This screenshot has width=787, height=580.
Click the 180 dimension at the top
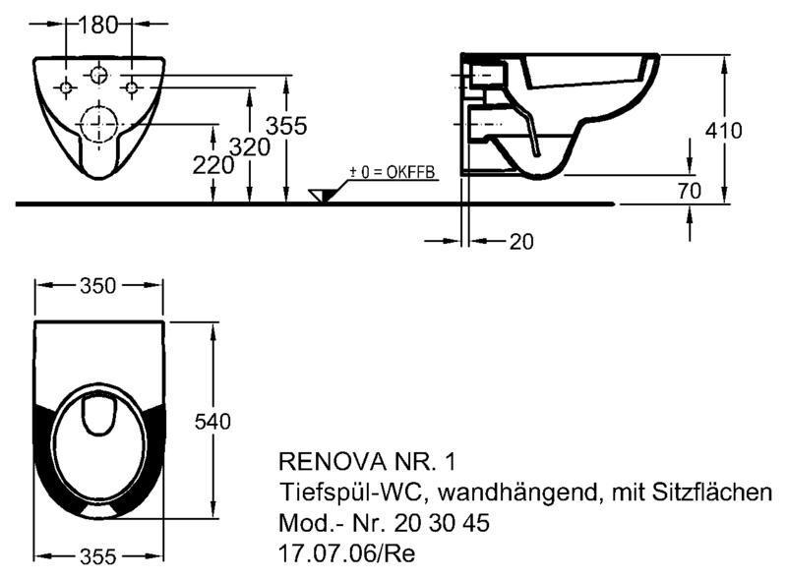click(x=97, y=25)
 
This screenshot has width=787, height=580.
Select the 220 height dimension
click(x=213, y=165)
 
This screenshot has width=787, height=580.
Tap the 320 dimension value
click(x=250, y=147)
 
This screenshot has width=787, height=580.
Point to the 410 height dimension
click(x=723, y=131)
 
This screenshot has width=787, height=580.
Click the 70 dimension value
click(x=690, y=191)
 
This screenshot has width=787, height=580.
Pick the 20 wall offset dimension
click(x=521, y=242)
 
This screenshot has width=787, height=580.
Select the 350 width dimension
click(x=97, y=286)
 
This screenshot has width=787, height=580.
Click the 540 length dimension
click(x=212, y=422)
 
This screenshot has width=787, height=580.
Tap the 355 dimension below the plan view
click(x=97, y=556)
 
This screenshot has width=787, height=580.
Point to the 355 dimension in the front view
click(x=286, y=126)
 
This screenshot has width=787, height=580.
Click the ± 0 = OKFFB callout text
click(x=392, y=172)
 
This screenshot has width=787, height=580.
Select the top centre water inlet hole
click(x=98, y=76)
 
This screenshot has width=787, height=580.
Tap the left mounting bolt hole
click(x=66, y=87)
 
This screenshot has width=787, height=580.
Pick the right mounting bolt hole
click(x=132, y=87)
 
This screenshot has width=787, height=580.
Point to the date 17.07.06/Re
click(x=347, y=553)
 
